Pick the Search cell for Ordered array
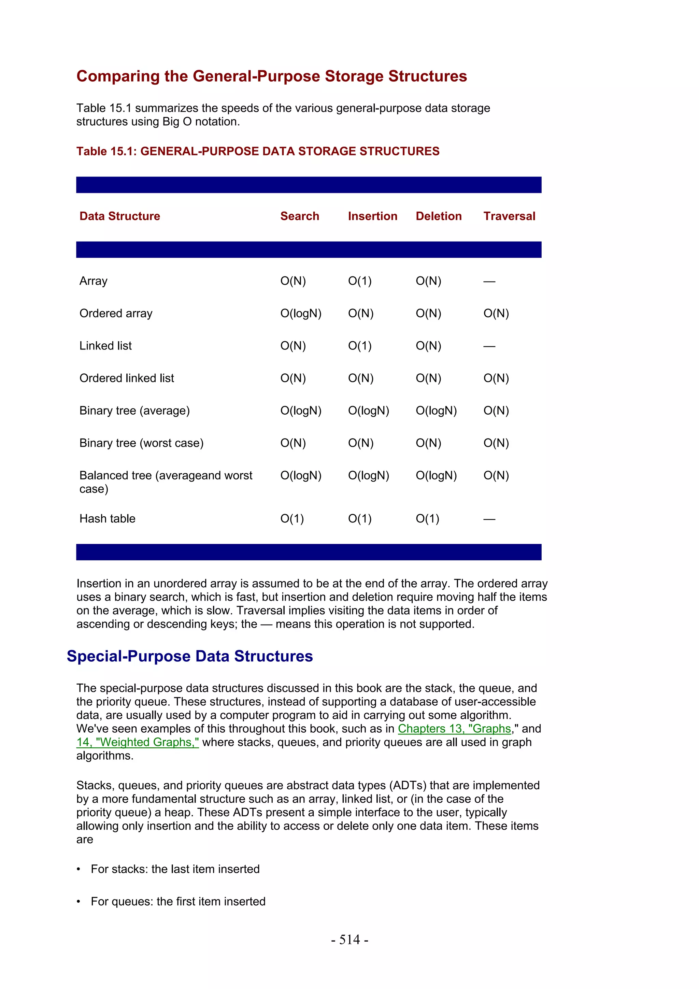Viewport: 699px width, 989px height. (301, 313)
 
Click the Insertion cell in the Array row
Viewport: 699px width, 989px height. (360, 281)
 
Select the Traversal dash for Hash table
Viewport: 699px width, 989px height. (489, 519)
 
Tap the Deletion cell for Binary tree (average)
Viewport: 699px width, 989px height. (436, 411)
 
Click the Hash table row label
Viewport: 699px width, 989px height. (107, 519)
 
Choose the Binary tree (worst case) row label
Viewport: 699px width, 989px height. (141, 443)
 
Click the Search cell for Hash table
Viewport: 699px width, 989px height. (292, 519)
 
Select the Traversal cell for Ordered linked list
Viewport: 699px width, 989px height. (496, 378)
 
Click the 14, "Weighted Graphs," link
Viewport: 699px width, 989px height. (138, 742)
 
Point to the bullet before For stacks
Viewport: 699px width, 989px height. (79, 869)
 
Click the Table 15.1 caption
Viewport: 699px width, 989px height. (258, 151)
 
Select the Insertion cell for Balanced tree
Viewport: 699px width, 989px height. (368, 475)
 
